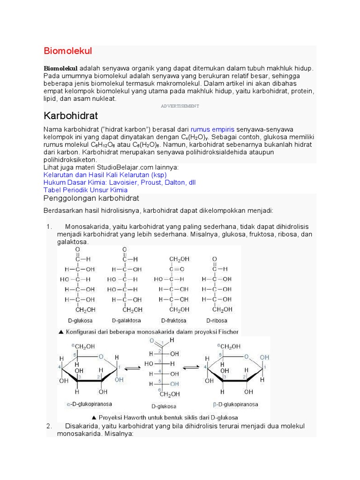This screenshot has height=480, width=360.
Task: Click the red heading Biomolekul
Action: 68,51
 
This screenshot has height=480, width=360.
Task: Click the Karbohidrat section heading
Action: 71,115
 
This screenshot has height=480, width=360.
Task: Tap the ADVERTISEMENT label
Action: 180,106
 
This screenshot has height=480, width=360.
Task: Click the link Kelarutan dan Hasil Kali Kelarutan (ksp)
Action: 105,175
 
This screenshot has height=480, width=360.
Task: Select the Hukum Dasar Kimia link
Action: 120,182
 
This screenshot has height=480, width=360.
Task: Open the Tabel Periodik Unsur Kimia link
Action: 85,190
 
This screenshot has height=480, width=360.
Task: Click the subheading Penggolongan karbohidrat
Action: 91,198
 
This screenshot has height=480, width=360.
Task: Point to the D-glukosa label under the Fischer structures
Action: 80,321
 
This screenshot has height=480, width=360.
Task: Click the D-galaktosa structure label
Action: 126,321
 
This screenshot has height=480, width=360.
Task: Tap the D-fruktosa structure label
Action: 173,321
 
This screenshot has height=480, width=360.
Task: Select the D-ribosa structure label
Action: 217,321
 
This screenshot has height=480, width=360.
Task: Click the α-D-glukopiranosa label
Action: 87,404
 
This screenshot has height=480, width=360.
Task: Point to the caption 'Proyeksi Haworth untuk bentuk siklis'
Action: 165,417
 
